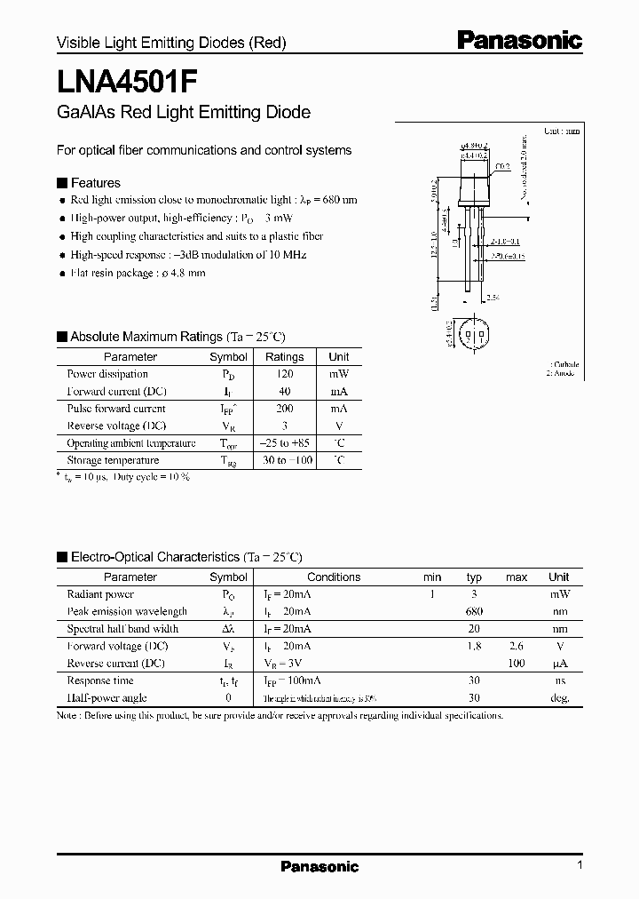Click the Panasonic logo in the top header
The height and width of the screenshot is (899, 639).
click(519, 39)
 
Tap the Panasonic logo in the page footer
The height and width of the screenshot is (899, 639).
click(319, 867)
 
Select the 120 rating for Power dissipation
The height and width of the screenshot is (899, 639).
click(284, 374)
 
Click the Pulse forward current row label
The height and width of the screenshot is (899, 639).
click(116, 409)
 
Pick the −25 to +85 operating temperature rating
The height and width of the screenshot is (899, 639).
click(284, 443)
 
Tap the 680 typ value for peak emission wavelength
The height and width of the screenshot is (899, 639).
click(474, 611)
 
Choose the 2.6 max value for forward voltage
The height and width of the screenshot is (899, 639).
click(517, 646)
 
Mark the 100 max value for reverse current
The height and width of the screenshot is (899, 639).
click(517, 664)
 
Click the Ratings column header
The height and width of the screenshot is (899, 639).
click(284, 357)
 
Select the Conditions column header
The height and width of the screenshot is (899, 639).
click(334, 577)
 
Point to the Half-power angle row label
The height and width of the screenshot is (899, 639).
click(106, 698)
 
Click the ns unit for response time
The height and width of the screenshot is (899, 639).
click(559, 680)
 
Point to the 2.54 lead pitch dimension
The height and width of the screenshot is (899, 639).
click(492, 297)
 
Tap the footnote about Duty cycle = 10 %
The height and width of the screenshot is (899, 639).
click(123, 477)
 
